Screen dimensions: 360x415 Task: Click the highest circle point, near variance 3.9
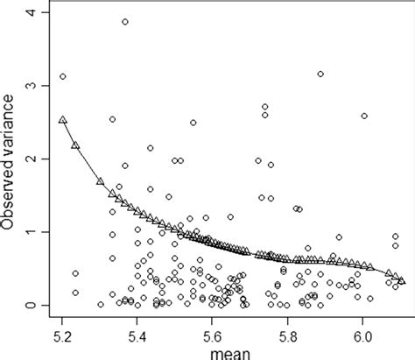125,22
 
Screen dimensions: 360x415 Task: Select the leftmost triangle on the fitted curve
62,119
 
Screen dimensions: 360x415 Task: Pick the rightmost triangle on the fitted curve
401,280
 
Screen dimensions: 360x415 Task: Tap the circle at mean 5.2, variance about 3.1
63,76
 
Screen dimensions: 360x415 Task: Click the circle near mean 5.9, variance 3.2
320,74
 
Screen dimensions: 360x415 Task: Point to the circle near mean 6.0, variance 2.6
364,116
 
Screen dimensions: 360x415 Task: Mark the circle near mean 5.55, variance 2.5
193,123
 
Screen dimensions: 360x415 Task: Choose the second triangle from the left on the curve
75,145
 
